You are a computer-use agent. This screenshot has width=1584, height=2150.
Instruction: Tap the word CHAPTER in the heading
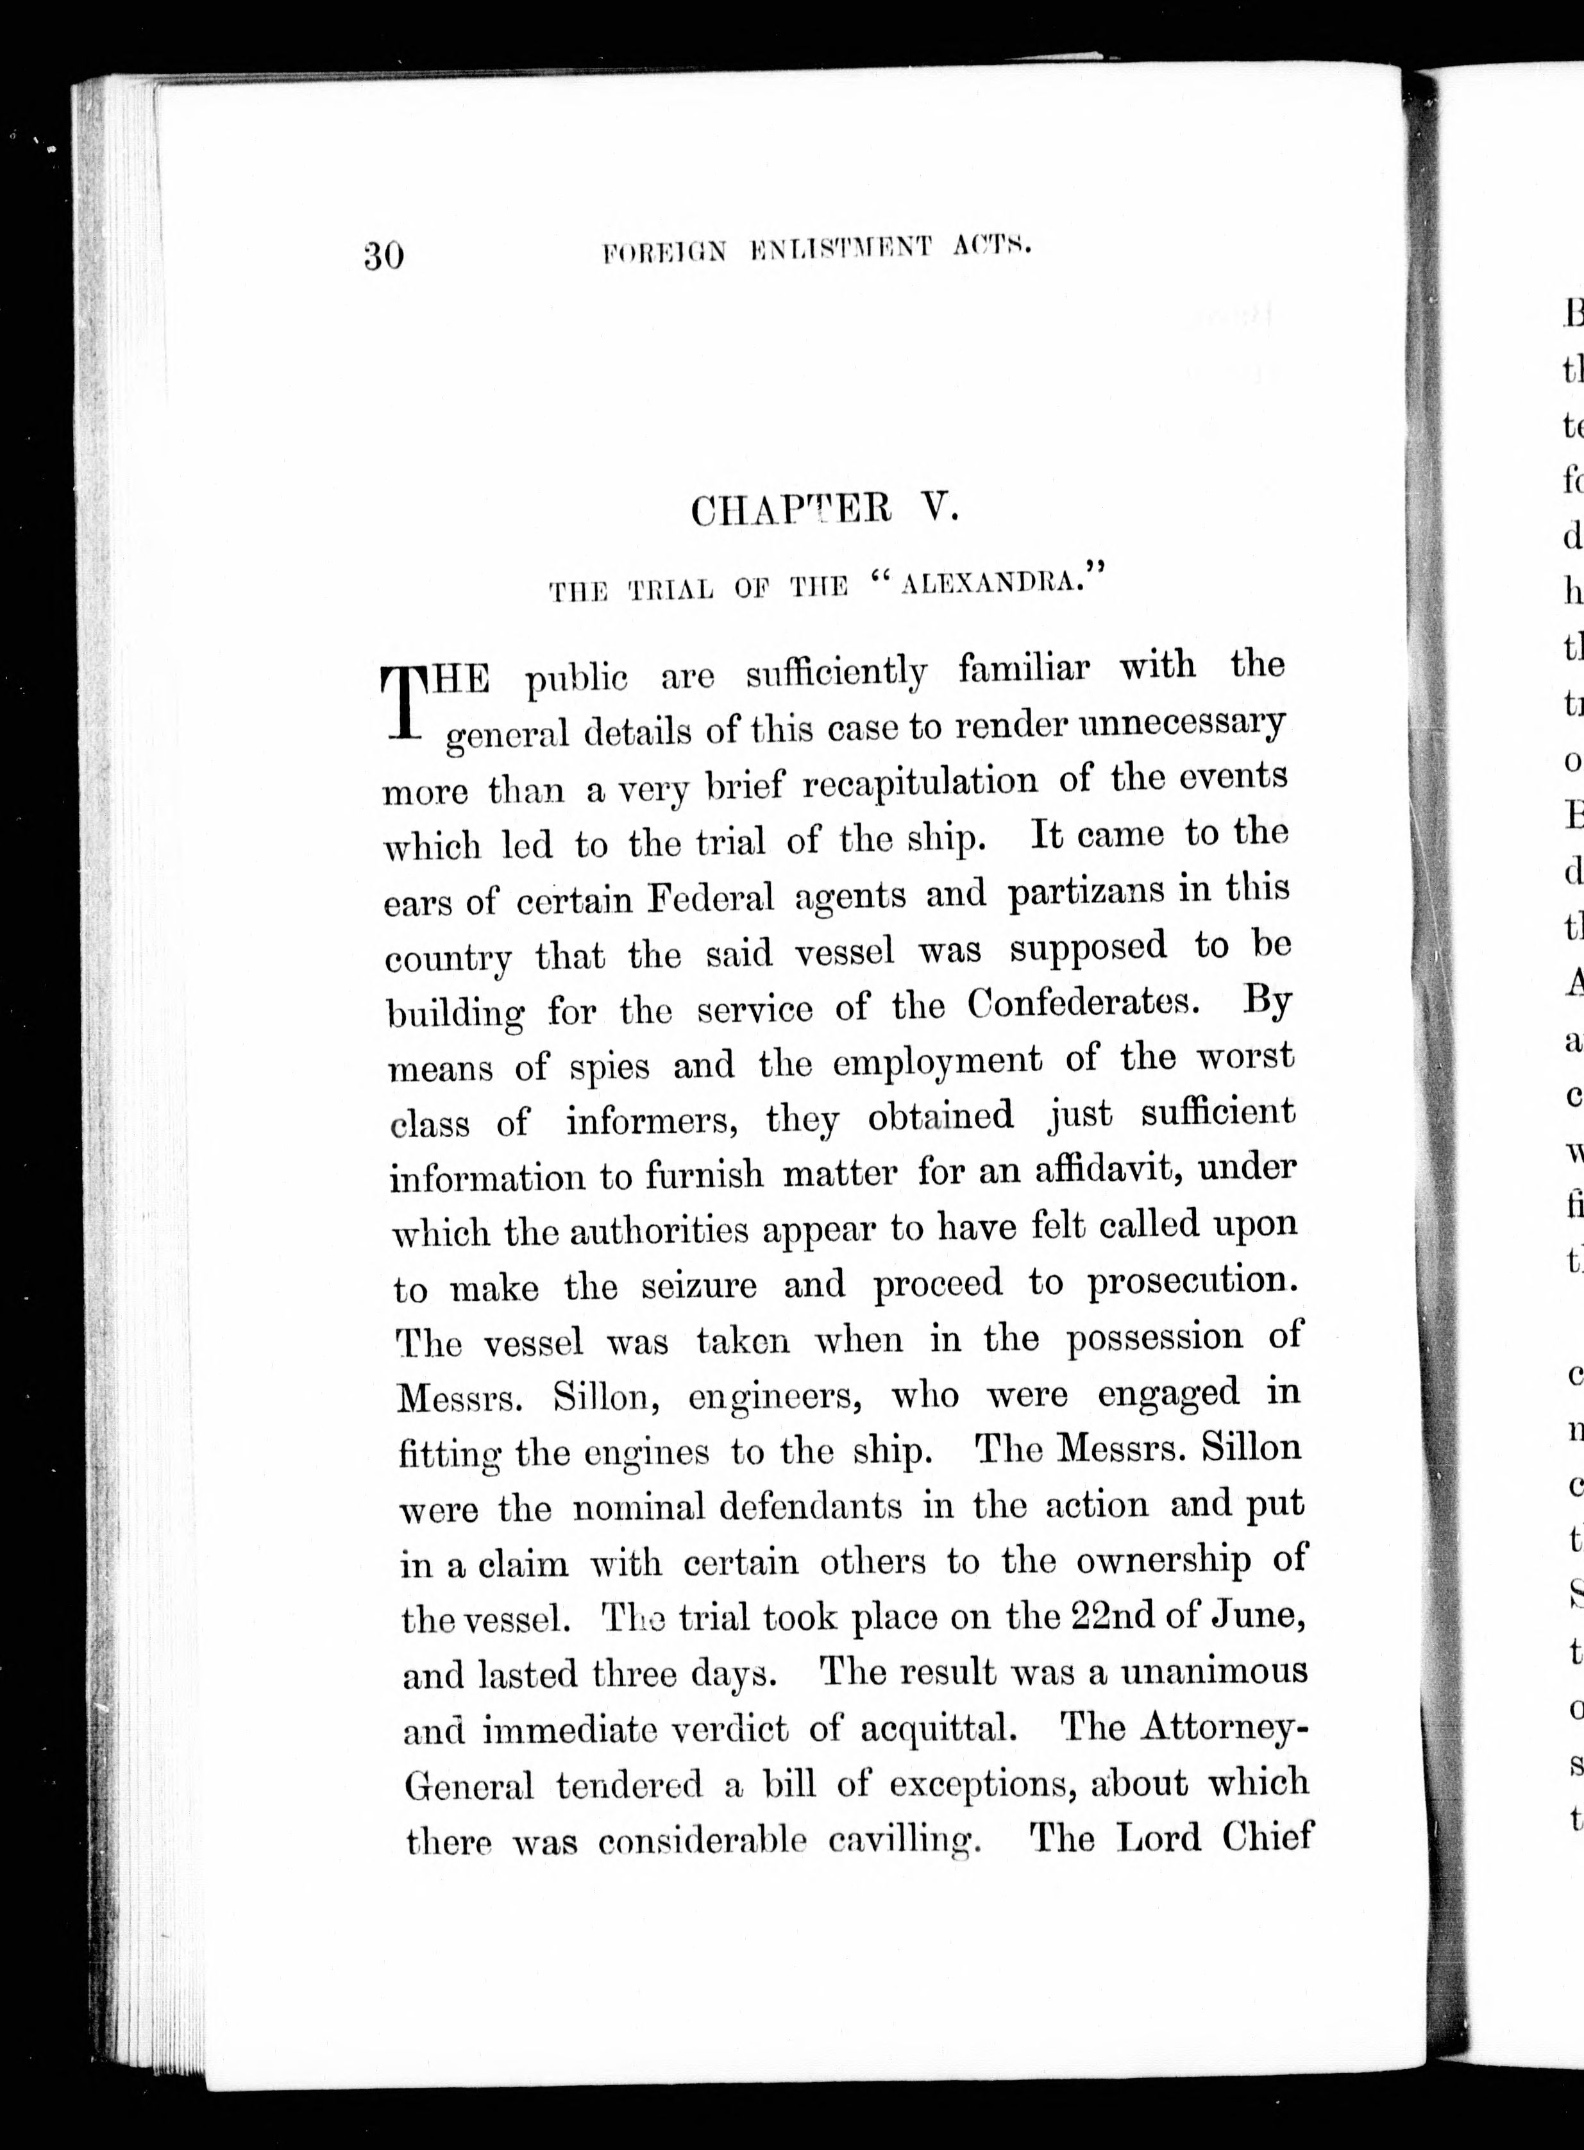791,509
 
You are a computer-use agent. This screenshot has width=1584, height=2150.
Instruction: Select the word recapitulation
920,783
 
